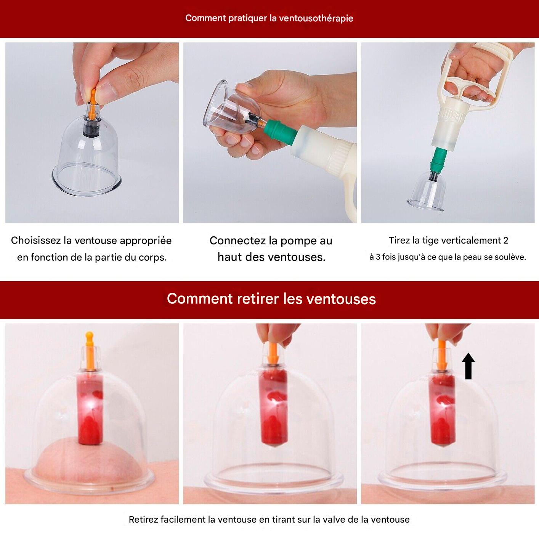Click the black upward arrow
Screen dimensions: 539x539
468,366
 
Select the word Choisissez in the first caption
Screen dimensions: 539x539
36,241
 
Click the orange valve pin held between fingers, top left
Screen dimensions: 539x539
93,103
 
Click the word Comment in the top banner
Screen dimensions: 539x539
205,18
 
